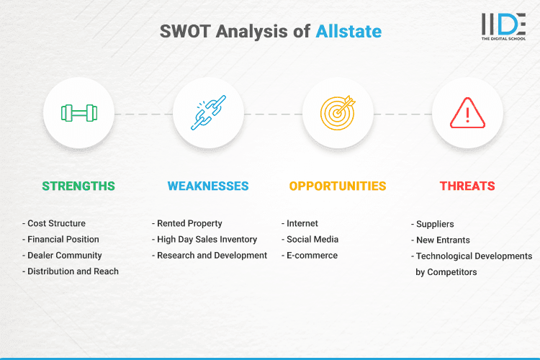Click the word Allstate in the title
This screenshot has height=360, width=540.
click(x=348, y=31)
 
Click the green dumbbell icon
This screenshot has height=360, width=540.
click(x=78, y=113)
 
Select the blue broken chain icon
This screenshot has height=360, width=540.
click(x=208, y=113)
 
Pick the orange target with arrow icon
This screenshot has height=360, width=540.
click(x=338, y=113)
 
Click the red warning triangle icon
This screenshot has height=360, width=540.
click(x=467, y=113)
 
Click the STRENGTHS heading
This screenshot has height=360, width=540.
click(x=78, y=186)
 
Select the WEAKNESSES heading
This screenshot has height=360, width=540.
click(x=208, y=186)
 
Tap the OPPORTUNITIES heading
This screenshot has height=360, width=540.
click(x=338, y=186)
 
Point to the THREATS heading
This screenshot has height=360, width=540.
click(x=467, y=186)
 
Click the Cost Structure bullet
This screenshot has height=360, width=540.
click(x=55, y=223)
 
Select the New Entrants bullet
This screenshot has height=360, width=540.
click(x=442, y=240)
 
